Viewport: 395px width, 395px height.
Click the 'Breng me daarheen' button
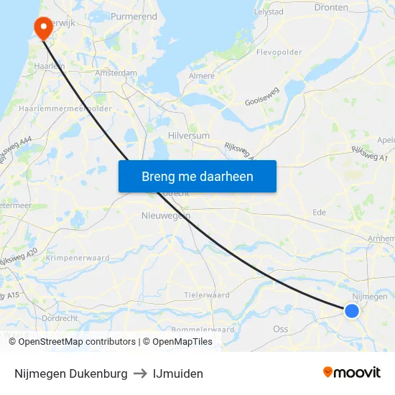click(197, 176)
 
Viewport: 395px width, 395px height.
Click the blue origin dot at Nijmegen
click(351, 310)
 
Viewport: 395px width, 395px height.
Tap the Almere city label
click(202, 75)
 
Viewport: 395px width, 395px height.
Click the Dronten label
click(331, 7)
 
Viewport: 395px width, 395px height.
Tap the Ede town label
click(320, 212)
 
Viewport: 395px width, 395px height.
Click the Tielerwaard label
click(207, 294)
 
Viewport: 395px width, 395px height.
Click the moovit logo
click(352, 373)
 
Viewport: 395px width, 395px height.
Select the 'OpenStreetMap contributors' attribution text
click(77, 342)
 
